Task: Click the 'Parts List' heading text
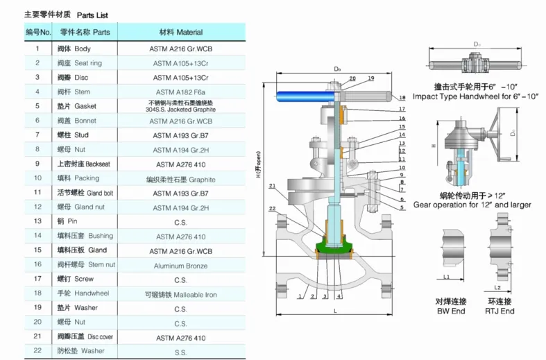(92, 15)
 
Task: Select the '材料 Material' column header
(180, 32)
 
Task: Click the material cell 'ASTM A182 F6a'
(180, 92)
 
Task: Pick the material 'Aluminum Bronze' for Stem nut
(180, 266)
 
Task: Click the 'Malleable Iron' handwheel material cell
(180, 295)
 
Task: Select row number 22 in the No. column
(37, 351)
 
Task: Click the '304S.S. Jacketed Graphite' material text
(180, 110)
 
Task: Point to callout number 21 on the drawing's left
(273, 186)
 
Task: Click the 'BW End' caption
(450, 311)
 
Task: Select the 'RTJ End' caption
(500, 311)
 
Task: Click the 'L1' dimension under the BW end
(447, 277)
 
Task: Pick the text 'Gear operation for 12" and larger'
(472, 205)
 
